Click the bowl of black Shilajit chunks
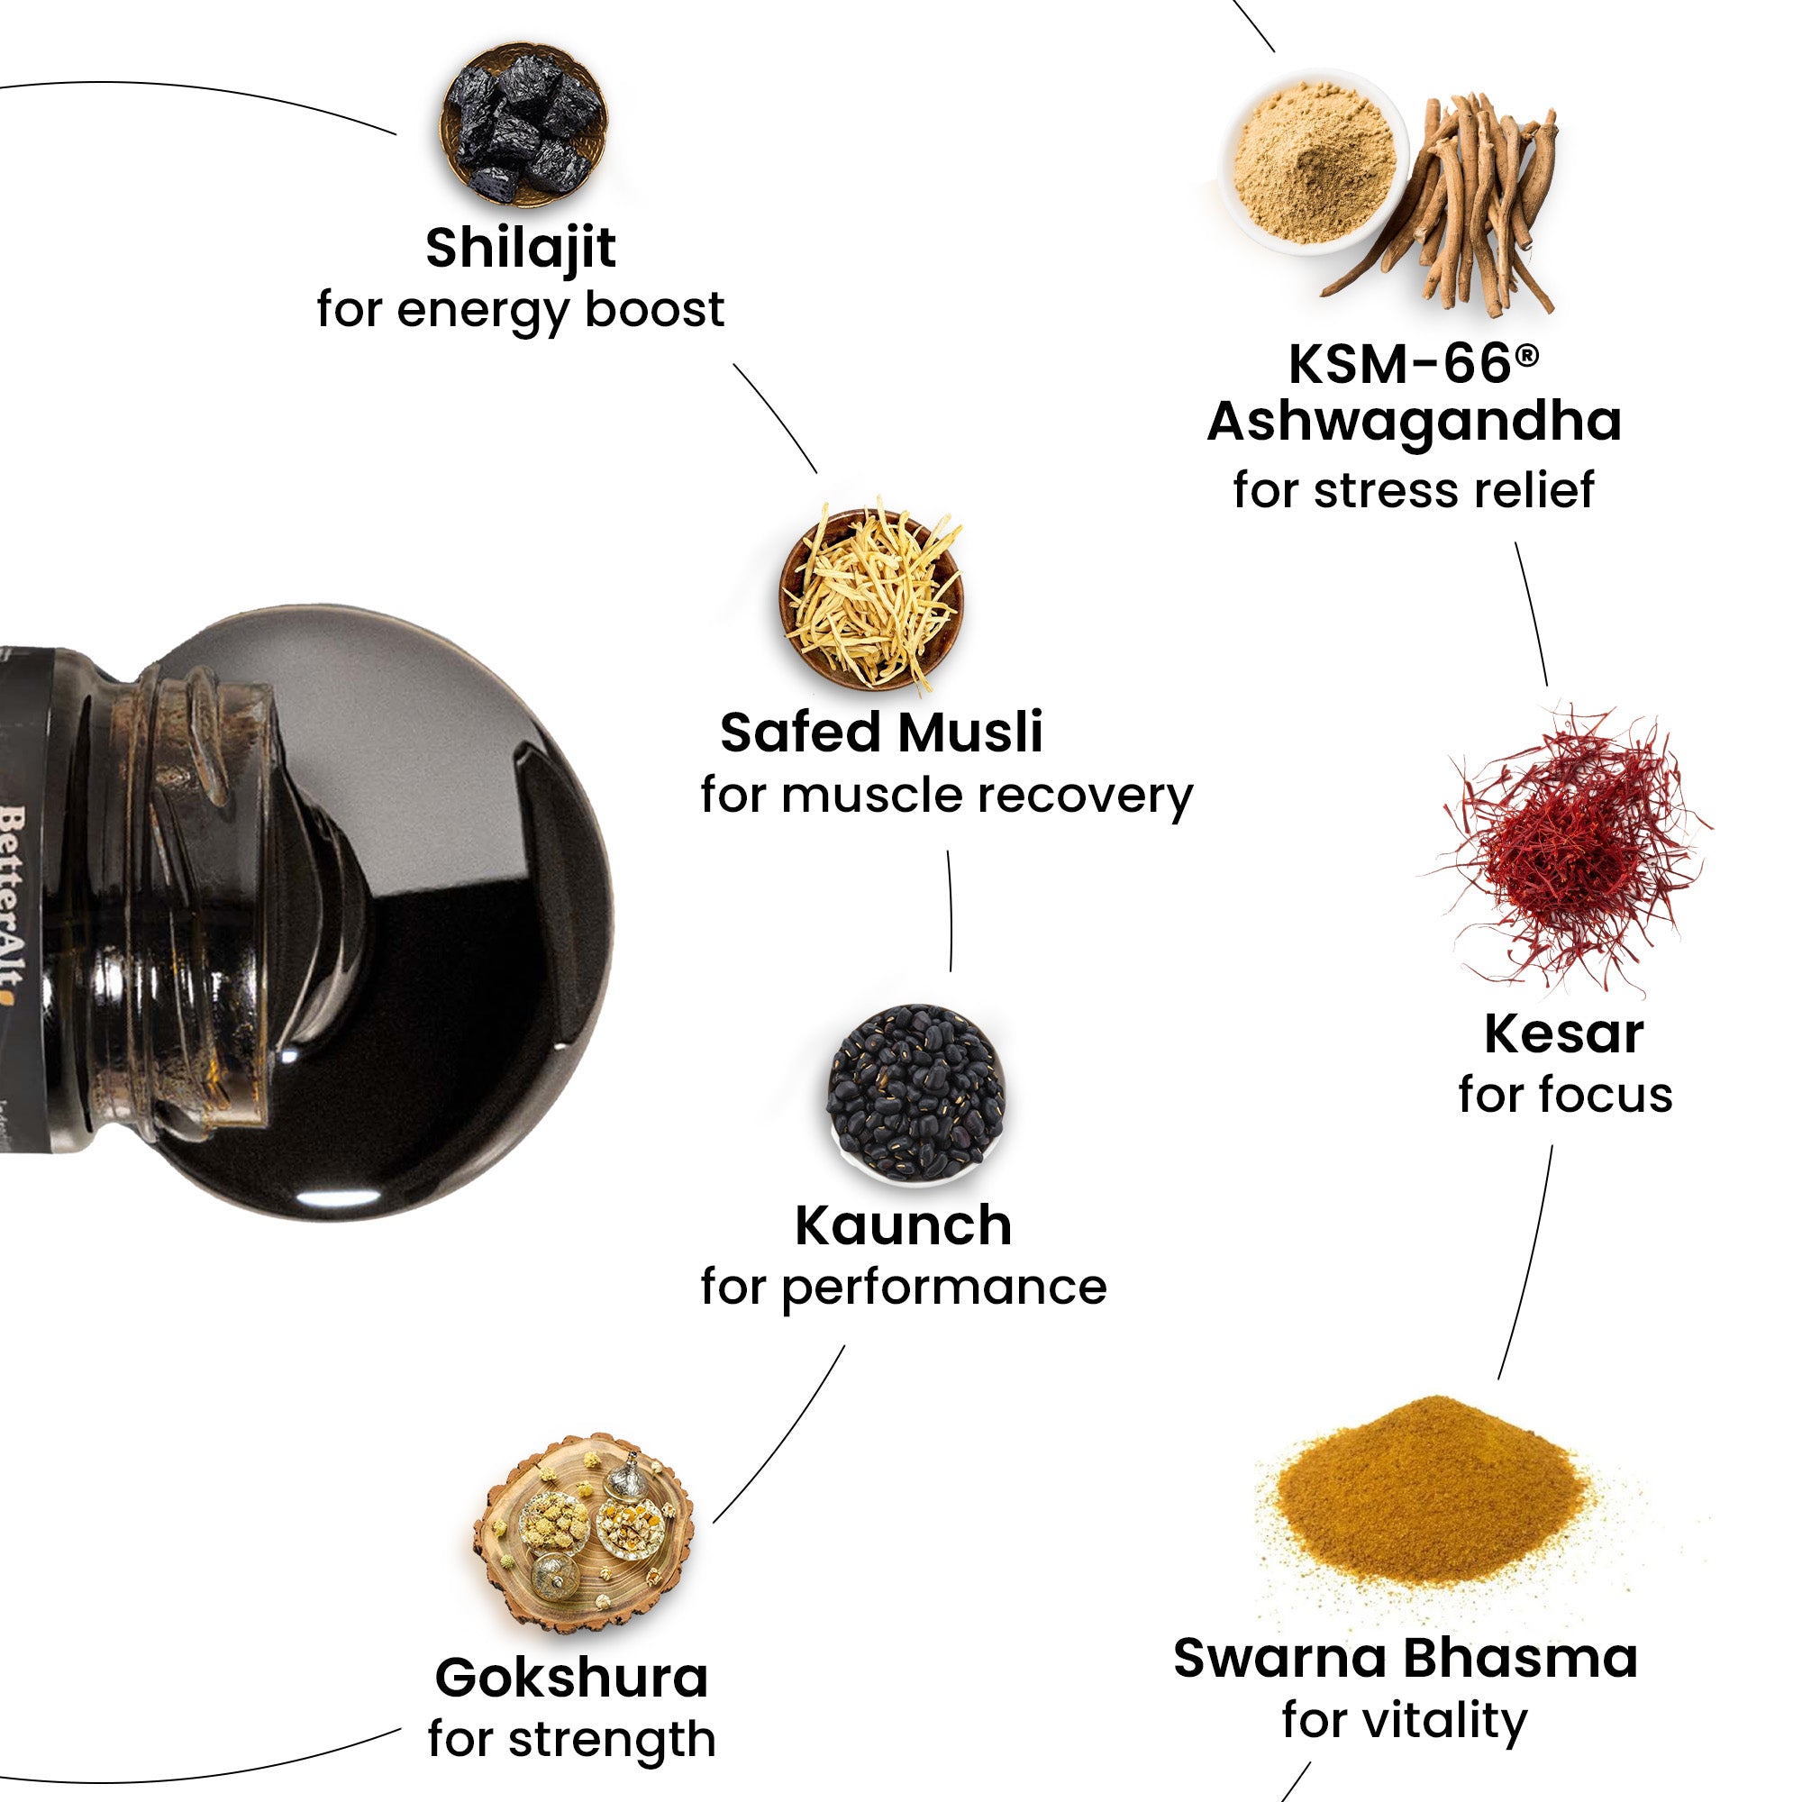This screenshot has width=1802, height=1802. point(523,123)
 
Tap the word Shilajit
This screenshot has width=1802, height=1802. point(521,248)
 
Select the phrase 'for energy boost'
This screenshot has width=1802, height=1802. point(520,310)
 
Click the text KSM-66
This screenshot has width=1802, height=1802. point(1399,364)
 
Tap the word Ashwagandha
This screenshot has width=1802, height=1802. point(1414,422)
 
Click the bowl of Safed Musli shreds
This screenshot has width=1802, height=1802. point(871,597)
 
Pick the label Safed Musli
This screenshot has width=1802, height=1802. point(881,733)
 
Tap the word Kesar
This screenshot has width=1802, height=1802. point(1563,1034)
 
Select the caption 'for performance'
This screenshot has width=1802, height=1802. point(903,1288)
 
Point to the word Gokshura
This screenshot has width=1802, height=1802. point(572,1679)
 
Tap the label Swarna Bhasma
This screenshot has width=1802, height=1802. point(1405,1659)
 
